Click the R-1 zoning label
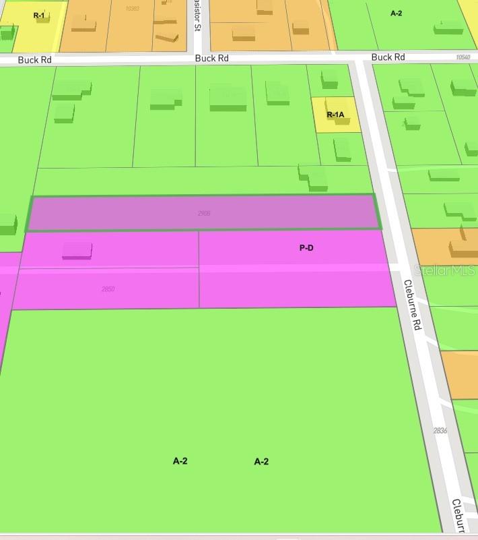coord(39,15)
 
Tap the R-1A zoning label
coord(335,115)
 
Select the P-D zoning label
coord(306,248)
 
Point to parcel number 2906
coord(204,213)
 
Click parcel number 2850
coord(108,289)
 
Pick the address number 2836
coord(440,430)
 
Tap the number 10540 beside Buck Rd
coord(463,57)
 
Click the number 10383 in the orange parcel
coord(132,8)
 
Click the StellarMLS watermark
coord(444,270)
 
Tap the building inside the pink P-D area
coord(77,250)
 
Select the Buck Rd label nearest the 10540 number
coord(388,57)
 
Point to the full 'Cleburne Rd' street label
coord(412,305)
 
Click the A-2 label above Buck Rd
coord(396,13)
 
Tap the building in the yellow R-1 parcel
coord(43,18)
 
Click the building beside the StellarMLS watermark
coord(463,246)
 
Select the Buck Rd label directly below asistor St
coord(211,59)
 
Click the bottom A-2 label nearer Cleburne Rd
coord(261,462)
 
